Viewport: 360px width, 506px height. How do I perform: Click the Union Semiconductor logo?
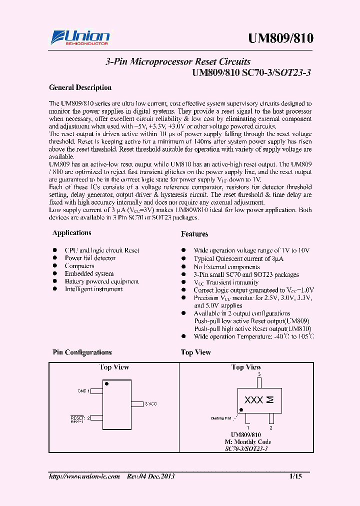pyautogui.click(x=80, y=37)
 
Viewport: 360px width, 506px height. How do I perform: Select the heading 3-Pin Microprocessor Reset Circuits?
pyautogui.click(x=178, y=62)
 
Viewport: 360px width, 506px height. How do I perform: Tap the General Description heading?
pyautogui.click(x=80, y=87)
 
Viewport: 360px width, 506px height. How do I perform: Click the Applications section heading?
pyautogui.click(x=72, y=233)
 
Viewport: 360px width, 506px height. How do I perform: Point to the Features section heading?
pyautogui.click(x=194, y=234)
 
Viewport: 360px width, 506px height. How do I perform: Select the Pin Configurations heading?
pyautogui.click(x=82, y=352)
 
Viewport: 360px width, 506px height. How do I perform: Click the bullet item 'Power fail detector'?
pyautogui.click(x=90, y=258)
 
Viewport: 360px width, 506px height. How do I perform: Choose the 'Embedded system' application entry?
pyautogui.click(x=89, y=273)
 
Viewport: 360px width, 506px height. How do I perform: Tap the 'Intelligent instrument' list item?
pyautogui.click(x=93, y=289)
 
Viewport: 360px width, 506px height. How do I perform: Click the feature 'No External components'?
pyautogui.click(x=227, y=267)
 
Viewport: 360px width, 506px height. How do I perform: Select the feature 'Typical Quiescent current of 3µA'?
pyautogui.click(x=238, y=259)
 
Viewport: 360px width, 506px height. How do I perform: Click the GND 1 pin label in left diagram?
pyautogui.click(x=83, y=390)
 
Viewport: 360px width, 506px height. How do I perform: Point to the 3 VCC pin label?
pyautogui.click(x=150, y=403)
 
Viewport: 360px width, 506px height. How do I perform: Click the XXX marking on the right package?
pyautogui.click(x=253, y=400)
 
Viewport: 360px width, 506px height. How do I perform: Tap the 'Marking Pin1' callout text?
pyautogui.click(x=221, y=418)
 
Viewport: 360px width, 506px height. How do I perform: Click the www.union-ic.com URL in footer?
pyautogui.click(x=84, y=476)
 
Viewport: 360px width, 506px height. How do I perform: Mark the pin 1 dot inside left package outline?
pyautogui.click(x=106, y=383)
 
